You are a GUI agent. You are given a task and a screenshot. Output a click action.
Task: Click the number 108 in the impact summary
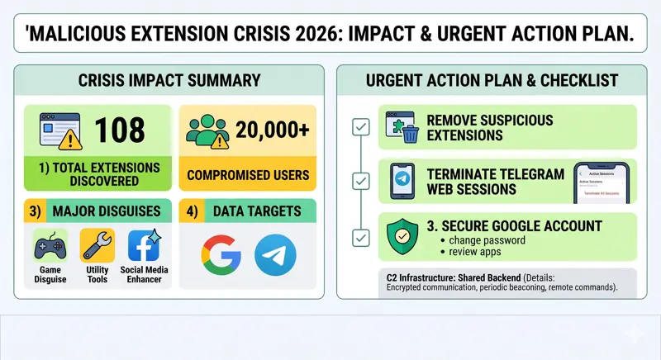(x=121, y=130)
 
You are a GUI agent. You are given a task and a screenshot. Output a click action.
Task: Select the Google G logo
(x=221, y=255)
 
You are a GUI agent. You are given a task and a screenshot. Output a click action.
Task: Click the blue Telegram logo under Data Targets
(x=274, y=255)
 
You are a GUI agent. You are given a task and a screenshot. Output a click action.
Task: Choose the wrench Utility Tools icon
(x=97, y=246)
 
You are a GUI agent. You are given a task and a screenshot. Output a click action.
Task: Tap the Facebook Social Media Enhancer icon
(x=145, y=246)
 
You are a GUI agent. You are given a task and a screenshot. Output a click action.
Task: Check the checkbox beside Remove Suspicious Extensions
(x=360, y=127)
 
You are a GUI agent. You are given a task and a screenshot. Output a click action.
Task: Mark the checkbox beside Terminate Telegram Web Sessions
(x=360, y=180)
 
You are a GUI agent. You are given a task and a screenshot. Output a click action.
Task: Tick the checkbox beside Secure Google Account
(x=360, y=238)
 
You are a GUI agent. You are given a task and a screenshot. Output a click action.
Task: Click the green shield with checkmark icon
(x=403, y=234)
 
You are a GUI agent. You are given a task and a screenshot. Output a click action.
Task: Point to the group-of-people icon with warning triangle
(x=208, y=130)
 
